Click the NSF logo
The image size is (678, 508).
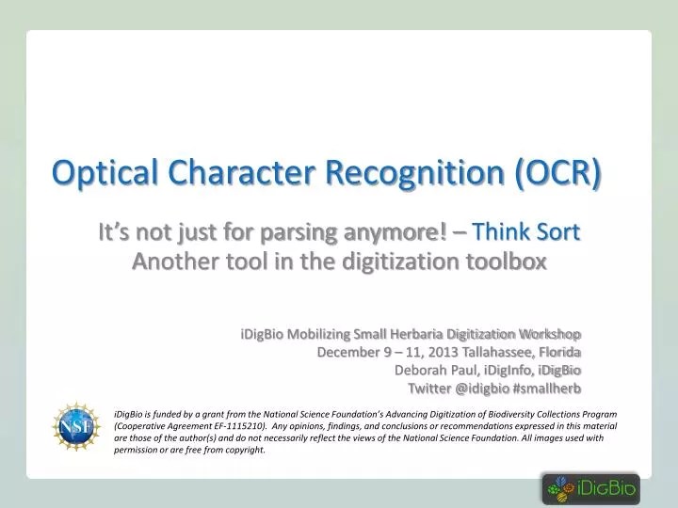[76, 426]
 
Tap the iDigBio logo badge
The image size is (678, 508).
[591, 489]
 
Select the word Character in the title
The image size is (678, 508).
[241, 172]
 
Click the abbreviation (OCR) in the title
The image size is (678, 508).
[558, 173]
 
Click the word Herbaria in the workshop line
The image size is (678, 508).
[417, 334]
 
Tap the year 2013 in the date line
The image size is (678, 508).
[443, 352]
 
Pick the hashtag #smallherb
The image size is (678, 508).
[546, 389]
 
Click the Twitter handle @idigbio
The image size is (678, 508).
[482, 389]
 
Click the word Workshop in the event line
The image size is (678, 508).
[550, 334]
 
